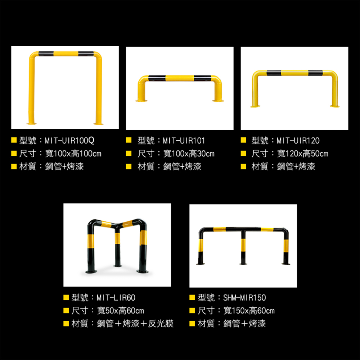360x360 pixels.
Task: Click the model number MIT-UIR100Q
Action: pyautogui.click(x=69, y=140)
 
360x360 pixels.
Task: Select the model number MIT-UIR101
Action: pyautogui.click(x=184, y=140)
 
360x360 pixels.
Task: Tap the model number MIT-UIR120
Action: pyautogui.click(x=298, y=140)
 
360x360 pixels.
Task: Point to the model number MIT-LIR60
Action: pyautogui.click(x=116, y=298)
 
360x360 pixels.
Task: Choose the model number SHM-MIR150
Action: pyautogui.click(x=244, y=298)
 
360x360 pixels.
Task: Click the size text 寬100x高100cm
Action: pyautogui.click(x=73, y=153)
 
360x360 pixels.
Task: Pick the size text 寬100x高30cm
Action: pyautogui.click(x=189, y=154)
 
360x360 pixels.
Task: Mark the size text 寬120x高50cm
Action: pyautogui.click(x=303, y=154)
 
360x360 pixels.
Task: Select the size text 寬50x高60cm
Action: pyautogui.click(x=121, y=311)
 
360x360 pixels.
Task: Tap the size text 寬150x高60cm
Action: pyautogui.click(x=249, y=311)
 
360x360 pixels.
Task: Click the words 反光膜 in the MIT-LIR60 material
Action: pyautogui.click(x=161, y=324)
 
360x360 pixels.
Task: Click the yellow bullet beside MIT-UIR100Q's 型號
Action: pyautogui.click(x=14, y=140)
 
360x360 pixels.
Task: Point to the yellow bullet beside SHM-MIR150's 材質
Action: pyautogui.click(x=192, y=324)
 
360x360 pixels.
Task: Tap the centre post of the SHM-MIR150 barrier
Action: pyautogui.click(x=243, y=248)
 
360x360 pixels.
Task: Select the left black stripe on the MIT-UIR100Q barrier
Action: pyautogui.click(x=46, y=54)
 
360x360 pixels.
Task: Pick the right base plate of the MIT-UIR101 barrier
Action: pyautogui.click(x=218, y=100)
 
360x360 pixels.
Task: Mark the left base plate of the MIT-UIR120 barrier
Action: pyautogui.click(x=255, y=106)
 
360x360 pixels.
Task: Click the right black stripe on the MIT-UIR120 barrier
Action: pyautogui.click(x=315, y=73)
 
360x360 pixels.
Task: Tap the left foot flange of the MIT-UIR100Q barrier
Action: pyautogui.click(x=31, y=123)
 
